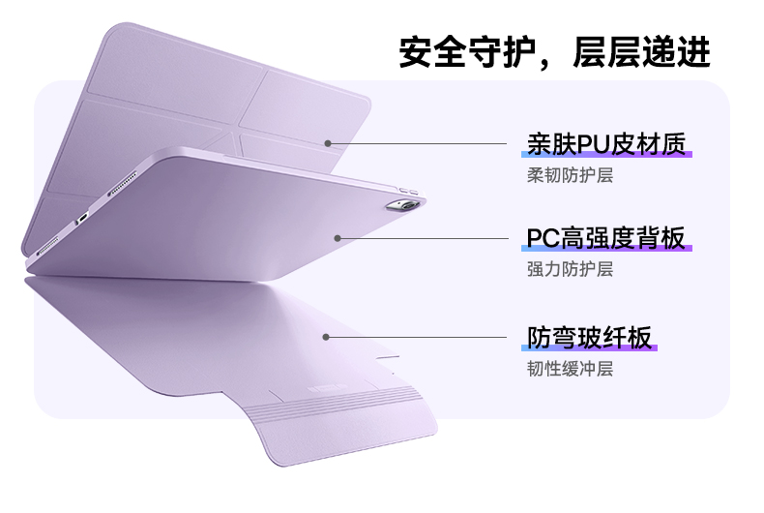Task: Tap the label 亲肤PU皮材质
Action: click(606, 144)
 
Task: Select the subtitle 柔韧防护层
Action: click(570, 175)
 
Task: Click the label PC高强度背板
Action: click(606, 238)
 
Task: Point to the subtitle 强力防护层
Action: click(570, 269)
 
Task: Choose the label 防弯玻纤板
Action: click(589, 337)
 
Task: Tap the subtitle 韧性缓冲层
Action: click(570, 369)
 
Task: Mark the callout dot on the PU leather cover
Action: click(328, 143)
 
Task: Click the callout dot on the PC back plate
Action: click(338, 237)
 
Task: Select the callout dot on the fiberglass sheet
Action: click(327, 337)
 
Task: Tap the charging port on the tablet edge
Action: click(84, 216)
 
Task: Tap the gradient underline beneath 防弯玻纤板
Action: click(589, 349)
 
